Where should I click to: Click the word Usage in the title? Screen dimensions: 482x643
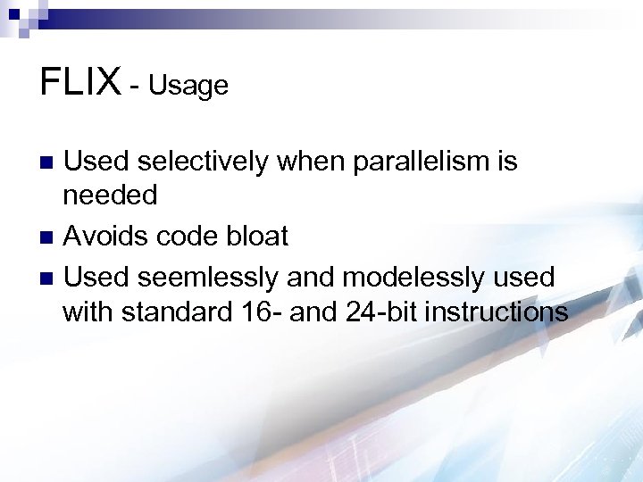(188, 86)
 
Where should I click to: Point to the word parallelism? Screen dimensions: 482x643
(417, 162)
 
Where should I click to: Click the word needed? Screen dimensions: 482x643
(110, 195)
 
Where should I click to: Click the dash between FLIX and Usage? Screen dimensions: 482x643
(134, 87)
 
